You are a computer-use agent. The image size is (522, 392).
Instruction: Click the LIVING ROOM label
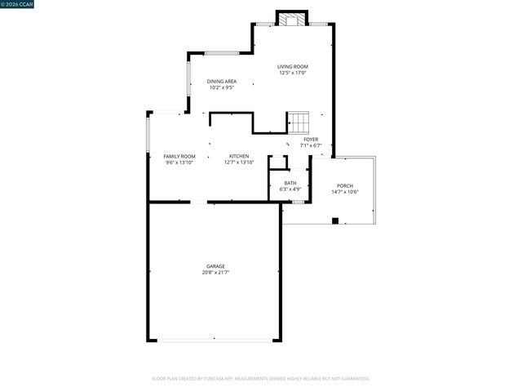pos(293,66)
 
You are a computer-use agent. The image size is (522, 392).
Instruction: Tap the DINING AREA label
pos(221,81)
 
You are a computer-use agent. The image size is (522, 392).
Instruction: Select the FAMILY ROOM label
pos(179,156)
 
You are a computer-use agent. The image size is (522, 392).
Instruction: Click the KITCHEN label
pos(239,156)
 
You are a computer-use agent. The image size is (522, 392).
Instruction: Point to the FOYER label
pos(311,139)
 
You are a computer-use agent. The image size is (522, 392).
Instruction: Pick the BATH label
pos(290,183)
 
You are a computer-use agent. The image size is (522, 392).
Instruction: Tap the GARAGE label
pos(215,266)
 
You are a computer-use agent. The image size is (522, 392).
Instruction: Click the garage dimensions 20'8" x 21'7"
pos(215,273)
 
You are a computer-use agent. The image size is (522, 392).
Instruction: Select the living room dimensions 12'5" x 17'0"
pos(293,73)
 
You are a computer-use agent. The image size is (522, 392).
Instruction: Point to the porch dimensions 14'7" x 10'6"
pos(345,193)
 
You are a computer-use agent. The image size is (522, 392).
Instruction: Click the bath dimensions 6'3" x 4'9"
pos(290,189)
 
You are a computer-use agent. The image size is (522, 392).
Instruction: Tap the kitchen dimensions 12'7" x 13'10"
pos(239,163)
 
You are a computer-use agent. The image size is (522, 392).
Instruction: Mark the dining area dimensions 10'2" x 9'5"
pos(221,87)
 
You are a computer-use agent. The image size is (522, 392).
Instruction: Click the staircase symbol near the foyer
pos(299,122)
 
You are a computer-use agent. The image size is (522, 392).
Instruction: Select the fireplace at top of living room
pos(293,18)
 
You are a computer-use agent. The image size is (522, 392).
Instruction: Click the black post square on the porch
pos(335,220)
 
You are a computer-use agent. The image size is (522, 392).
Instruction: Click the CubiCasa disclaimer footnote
pos(261,379)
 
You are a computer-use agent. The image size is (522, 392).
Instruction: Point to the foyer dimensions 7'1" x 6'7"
pos(311,145)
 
